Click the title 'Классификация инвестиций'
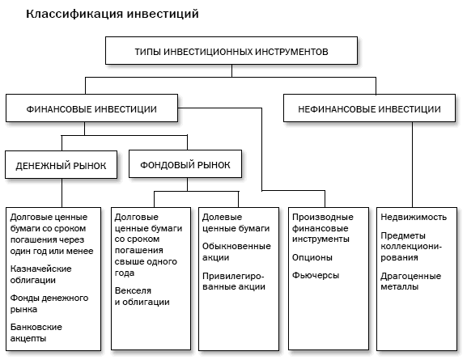point(112,15)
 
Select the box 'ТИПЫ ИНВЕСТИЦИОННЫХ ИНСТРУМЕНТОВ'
point(231,51)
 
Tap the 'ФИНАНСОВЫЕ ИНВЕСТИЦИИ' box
point(91,108)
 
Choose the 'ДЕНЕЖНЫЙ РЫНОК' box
point(62,166)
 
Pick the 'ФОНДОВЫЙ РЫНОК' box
point(185,165)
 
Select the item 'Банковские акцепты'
point(36,332)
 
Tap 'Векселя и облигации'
point(142,295)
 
